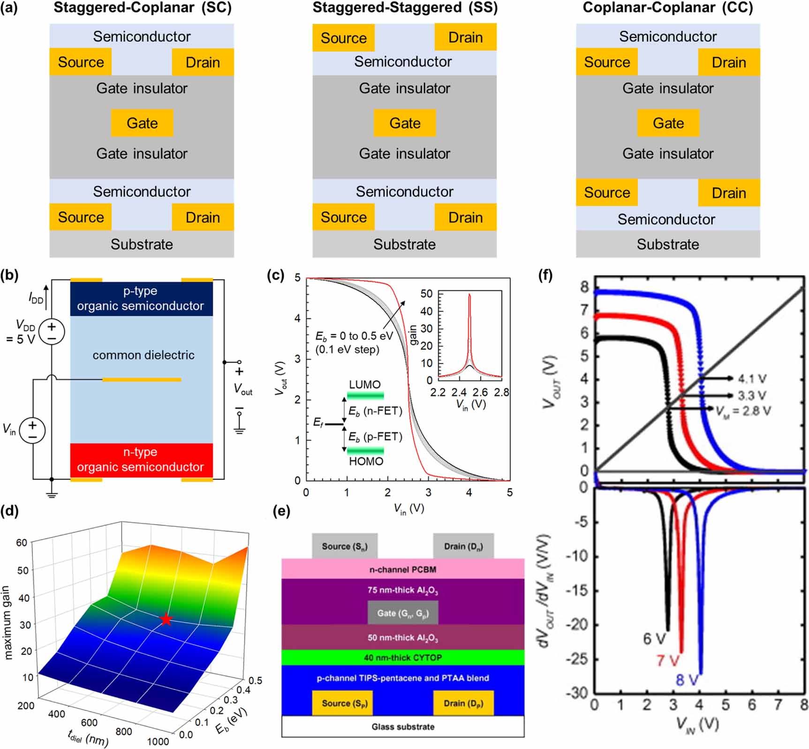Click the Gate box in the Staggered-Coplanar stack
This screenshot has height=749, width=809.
pos(142,123)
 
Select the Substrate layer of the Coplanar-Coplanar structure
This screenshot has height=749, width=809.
pos(667,244)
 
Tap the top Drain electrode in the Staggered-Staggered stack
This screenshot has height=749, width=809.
pos(465,37)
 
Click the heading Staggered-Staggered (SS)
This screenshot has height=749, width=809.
pos(405,8)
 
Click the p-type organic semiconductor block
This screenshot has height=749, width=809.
pos(141,298)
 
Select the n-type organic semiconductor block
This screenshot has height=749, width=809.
pos(141,460)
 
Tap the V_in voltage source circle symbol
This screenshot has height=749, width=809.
pos(32,430)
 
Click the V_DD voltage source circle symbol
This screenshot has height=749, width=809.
pos(52,332)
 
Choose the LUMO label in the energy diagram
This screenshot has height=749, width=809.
pos(364,385)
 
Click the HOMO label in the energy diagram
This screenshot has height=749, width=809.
pos(366,462)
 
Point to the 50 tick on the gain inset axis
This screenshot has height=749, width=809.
pos(426,294)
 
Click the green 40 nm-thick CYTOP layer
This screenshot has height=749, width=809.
pos(402,658)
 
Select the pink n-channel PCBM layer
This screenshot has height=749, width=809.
pos(402,569)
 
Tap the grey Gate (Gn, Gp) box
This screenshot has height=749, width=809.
pos(402,613)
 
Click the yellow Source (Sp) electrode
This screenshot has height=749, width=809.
pos(342,703)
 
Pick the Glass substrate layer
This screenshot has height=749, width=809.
pos(402,726)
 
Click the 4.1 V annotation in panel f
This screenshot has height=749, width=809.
pos(752,378)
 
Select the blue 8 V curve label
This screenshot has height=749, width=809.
pos(687,680)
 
